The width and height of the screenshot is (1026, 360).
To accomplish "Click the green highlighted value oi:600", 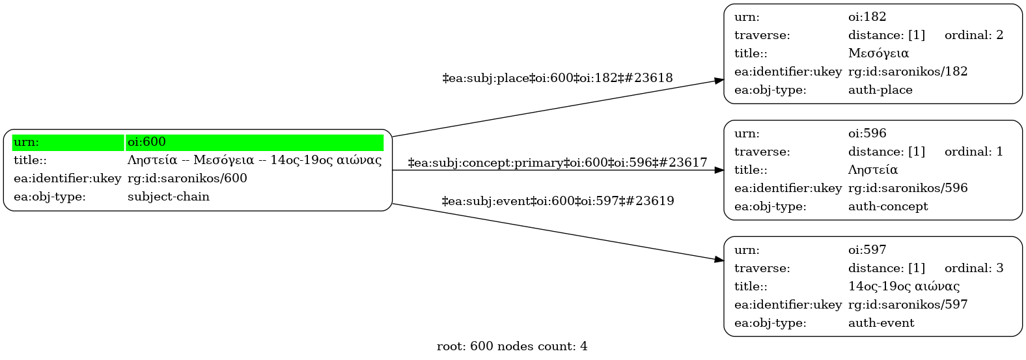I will tap(146, 142).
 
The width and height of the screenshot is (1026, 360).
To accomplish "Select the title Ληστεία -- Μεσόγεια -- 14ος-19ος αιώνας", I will tap(254, 160).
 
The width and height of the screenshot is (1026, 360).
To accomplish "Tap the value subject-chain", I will tap(168, 197).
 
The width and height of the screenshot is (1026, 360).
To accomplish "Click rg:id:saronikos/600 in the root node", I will tap(187, 178).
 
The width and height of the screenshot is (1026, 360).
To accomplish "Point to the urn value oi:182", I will tap(867, 17).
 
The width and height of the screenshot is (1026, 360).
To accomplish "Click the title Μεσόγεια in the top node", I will tap(878, 53).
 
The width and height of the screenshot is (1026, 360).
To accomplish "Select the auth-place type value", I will tap(880, 90).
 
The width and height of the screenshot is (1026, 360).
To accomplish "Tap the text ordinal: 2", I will tap(973, 35).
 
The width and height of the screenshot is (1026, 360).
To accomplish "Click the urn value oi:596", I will tap(867, 133).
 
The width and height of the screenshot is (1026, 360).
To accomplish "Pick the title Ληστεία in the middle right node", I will tap(872, 170).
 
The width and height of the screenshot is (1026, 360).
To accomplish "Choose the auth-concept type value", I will tap(887, 206).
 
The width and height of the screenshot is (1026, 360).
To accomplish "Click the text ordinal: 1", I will tap(973, 152).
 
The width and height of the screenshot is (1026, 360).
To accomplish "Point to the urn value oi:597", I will tap(867, 250).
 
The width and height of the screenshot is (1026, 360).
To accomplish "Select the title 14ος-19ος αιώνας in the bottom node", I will tap(903, 286).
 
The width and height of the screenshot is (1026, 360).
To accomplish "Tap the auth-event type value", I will tap(881, 323).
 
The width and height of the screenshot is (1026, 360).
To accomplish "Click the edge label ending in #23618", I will tap(557, 78).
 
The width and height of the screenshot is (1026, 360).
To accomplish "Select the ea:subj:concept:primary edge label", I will tap(557, 163).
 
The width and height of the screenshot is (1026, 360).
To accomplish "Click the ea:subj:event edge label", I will tap(557, 201).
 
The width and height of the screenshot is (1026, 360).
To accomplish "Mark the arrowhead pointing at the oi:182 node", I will tap(719, 81).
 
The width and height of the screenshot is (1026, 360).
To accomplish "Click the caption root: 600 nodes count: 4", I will tap(512, 346).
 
